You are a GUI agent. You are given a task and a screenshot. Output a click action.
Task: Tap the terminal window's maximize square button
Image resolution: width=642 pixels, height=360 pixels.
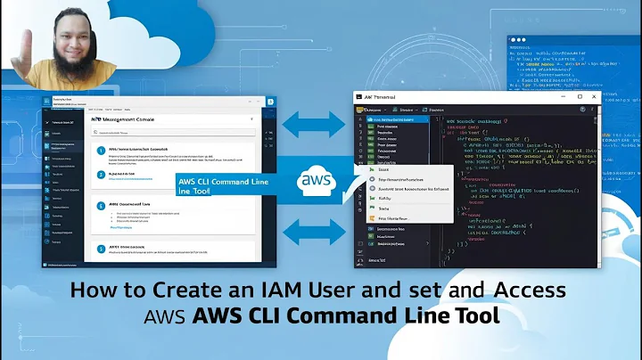(578, 96)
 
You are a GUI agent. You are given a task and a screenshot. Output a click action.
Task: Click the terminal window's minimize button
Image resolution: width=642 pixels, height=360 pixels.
(563, 96)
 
